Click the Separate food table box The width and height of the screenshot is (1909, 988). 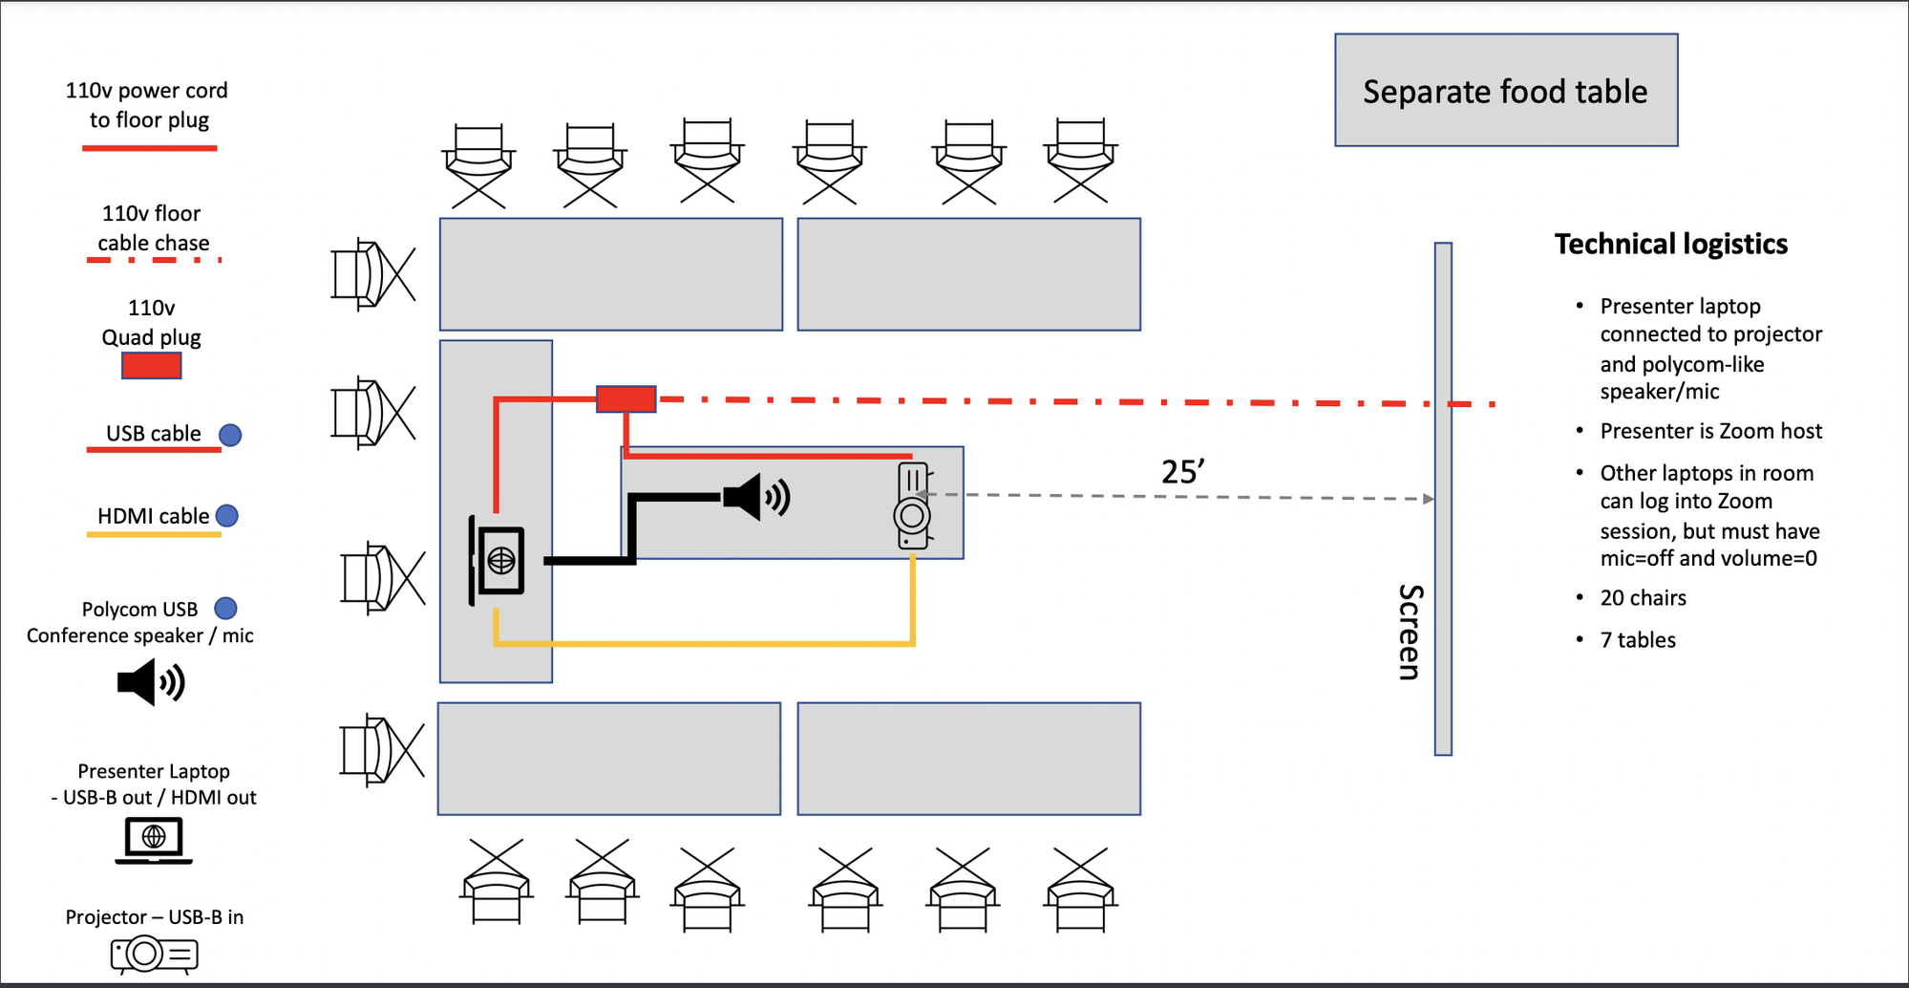click(x=1505, y=91)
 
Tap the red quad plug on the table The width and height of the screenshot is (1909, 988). click(x=626, y=398)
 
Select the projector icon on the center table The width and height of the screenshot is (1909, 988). click(x=912, y=505)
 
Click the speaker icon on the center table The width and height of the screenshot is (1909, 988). click(x=756, y=497)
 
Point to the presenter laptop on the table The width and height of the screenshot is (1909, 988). click(x=498, y=560)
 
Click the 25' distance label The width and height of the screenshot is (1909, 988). click(x=1182, y=472)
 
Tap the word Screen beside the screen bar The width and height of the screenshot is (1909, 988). click(x=1410, y=632)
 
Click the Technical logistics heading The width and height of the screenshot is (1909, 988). click(x=1670, y=245)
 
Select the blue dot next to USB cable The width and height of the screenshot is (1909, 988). click(x=230, y=435)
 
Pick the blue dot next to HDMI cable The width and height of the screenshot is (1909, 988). click(x=227, y=516)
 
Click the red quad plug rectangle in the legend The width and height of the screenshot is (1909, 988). click(x=151, y=366)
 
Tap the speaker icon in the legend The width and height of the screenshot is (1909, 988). click(x=151, y=683)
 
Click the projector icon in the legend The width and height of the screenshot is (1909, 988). click(x=154, y=954)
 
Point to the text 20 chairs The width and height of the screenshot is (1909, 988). click(x=1643, y=598)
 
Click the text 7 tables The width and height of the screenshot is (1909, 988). click(x=1637, y=640)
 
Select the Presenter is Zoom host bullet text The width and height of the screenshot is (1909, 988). click(x=1710, y=432)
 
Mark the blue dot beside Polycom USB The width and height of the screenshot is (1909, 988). click(x=225, y=609)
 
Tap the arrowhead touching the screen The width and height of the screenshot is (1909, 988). click(x=1428, y=499)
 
